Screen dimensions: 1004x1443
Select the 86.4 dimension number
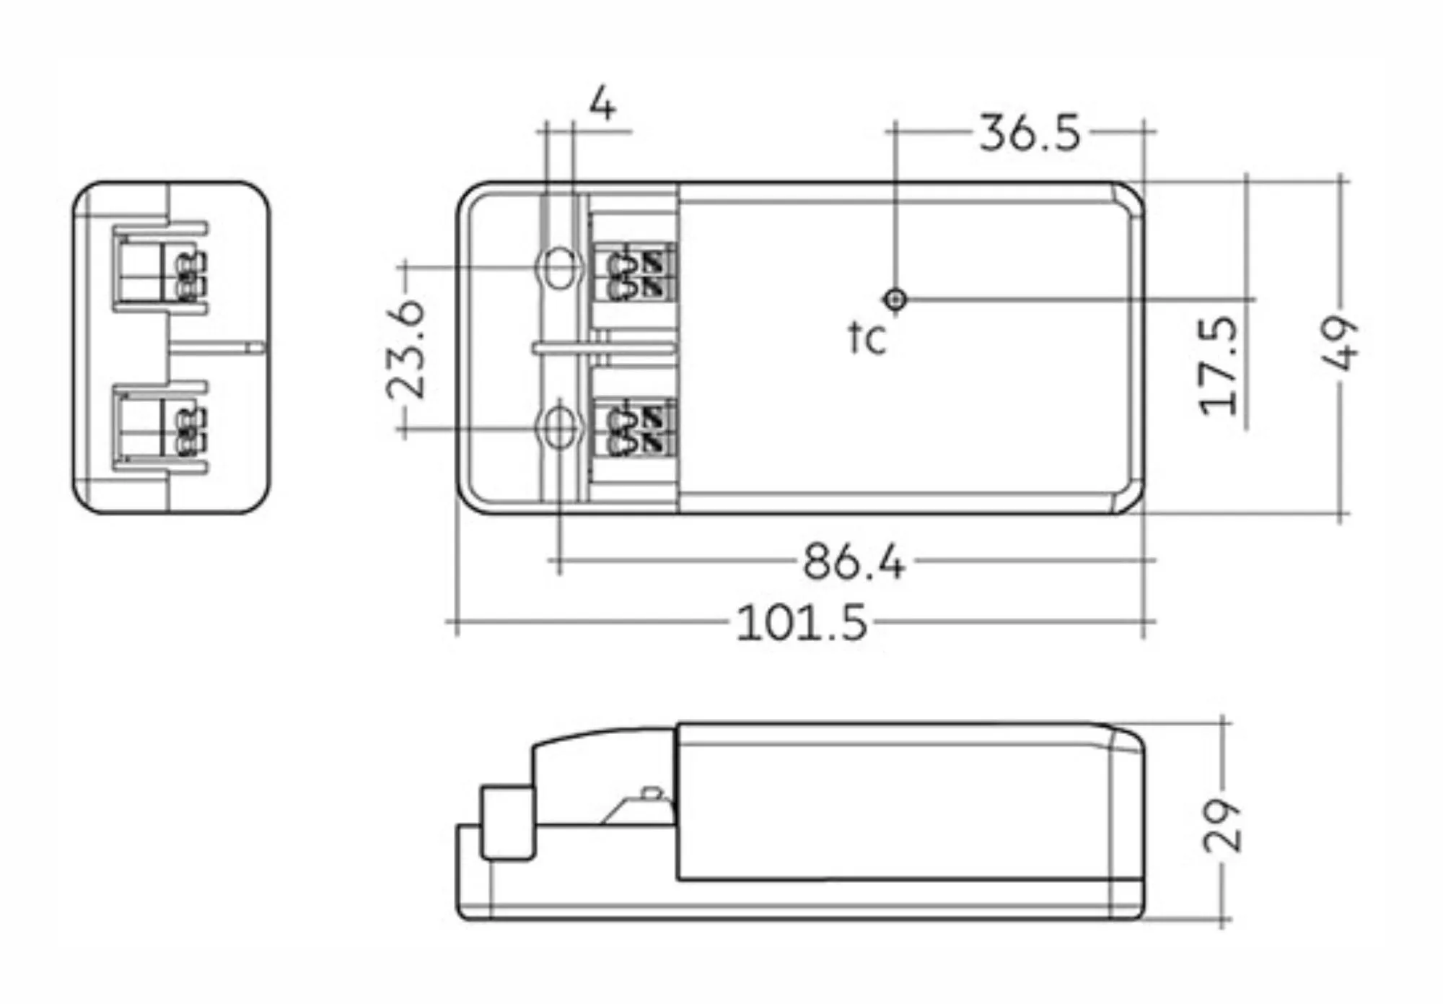tap(854, 562)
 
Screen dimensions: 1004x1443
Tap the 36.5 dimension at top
tap(1030, 134)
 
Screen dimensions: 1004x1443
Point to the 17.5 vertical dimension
tap(1219, 365)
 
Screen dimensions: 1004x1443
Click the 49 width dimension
tap(1340, 342)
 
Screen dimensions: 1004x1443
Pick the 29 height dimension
tap(1222, 825)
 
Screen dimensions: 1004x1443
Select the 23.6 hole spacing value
tap(406, 350)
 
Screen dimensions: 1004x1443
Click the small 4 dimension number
tap(602, 105)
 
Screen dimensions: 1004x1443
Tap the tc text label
tap(867, 338)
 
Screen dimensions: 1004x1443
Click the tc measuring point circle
tap(895, 299)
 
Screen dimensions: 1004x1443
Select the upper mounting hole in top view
tap(558, 268)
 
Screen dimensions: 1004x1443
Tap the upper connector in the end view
tap(159, 268)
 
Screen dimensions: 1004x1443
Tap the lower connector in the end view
tap(159, 428)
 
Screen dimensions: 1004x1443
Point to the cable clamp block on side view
tap(507, 824)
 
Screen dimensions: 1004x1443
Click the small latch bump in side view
tap(651, 793)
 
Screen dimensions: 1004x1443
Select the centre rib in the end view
tap(216, 347)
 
